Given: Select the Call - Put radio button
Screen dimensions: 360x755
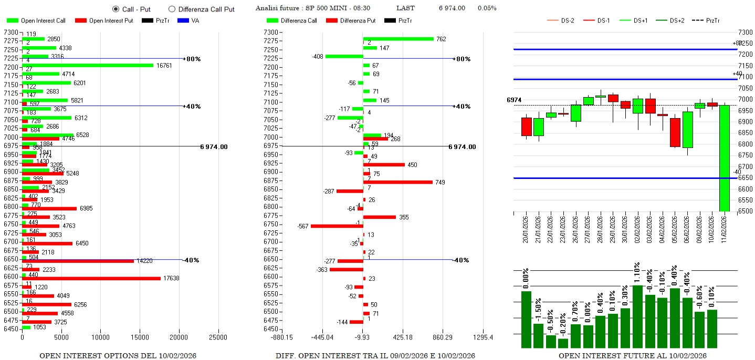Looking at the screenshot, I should pos(116,9).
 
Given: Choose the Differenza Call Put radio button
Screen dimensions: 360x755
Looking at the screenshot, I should pos(172,9).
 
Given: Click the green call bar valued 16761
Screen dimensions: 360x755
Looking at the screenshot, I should pos(88,65).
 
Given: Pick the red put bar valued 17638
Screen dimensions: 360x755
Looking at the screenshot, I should pos(91,278).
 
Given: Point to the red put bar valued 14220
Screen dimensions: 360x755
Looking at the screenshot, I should pos(78,261).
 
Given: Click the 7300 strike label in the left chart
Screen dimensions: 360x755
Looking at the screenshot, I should pos(11,33).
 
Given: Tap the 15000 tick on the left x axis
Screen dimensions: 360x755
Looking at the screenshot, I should pos(140,337).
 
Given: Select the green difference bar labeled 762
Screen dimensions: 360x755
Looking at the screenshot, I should pos(399,38).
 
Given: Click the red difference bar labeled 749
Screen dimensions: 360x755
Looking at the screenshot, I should pos(398,182).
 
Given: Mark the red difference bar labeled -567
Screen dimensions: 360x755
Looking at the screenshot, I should pos(337,226).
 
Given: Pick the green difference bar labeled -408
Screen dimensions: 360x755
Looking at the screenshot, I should pos(344,56).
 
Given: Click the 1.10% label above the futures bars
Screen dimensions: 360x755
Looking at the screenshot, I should pos(637,273).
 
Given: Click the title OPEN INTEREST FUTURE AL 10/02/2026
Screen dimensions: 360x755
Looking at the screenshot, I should pos(632,356).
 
